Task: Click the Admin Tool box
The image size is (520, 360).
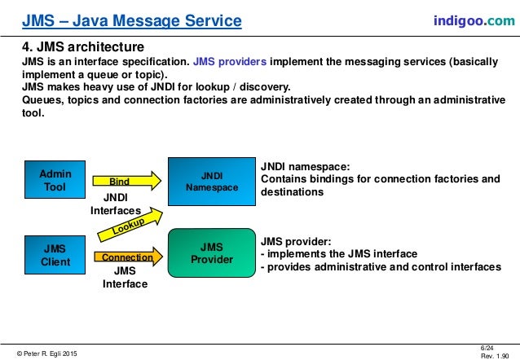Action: pyautogui.click(x=55, y=179)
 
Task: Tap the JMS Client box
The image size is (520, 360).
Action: pyautogui.click(x=55, y=255)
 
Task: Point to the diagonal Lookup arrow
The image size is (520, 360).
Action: pyautogui.click(x=130, y=227)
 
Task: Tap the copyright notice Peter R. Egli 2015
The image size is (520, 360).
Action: pyautogui.click(x=49, y=352)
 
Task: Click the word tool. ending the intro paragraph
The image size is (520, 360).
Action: pyautogui.click(x=34, y=113)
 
